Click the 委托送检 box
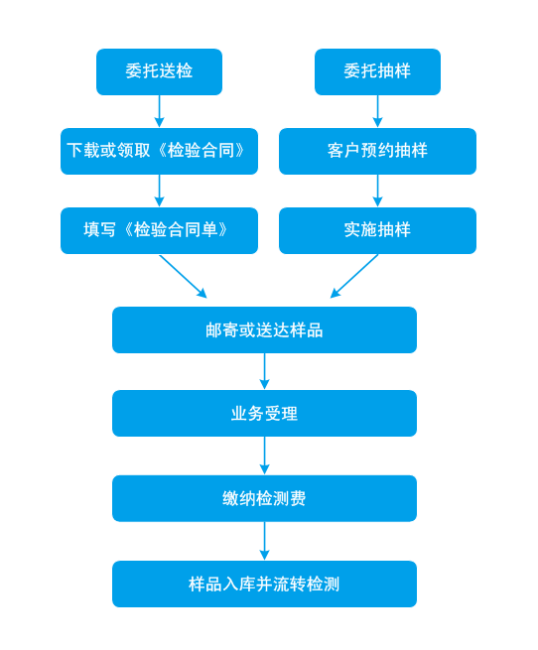tap(159, 71)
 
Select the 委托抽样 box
tap(377, 71)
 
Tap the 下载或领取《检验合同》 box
tap(159, 151)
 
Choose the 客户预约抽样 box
tap(377, 151)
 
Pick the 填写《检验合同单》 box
tap(159, 230)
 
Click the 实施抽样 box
tap(377, 230)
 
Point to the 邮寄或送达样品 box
tap(264, 330)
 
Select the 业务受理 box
tap(264, 413)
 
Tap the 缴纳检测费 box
tap(264, 498)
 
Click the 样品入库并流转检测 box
tap(264, 585)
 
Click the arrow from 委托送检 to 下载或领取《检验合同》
tap(159, 111)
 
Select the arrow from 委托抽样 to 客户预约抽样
tap(377, 111)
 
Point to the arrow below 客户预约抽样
tap(377, 191)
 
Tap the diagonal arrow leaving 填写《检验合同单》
tap(183, 276)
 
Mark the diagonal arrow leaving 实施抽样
tap(354, 276)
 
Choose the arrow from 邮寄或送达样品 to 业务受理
tap(264, 371)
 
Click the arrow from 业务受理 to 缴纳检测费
tap(264, 455)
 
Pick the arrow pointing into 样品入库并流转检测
tap(264, 541)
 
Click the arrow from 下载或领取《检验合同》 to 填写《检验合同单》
tap(159, 191)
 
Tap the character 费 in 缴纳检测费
tap(298, 498)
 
